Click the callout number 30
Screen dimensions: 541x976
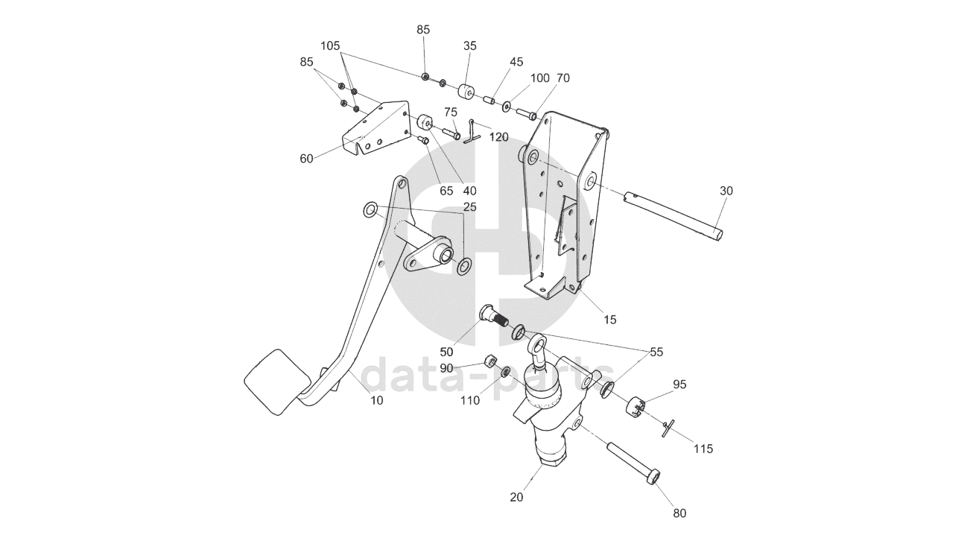tap(726, 191)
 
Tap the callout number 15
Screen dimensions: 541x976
tap(610, 320)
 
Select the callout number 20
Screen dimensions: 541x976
tap(517, 497)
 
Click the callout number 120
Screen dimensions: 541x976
tap(498, 137)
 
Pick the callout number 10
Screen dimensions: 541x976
tap(377, 400)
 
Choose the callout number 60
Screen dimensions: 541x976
tap(306, 158)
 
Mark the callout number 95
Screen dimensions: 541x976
tap(679, 385)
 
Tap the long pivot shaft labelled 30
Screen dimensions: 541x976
tap(674, 215)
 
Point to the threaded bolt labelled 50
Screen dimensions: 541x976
tap(494, 316)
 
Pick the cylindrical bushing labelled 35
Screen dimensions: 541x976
tap(469, 95)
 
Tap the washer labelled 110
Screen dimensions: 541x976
tap(506, 371)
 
